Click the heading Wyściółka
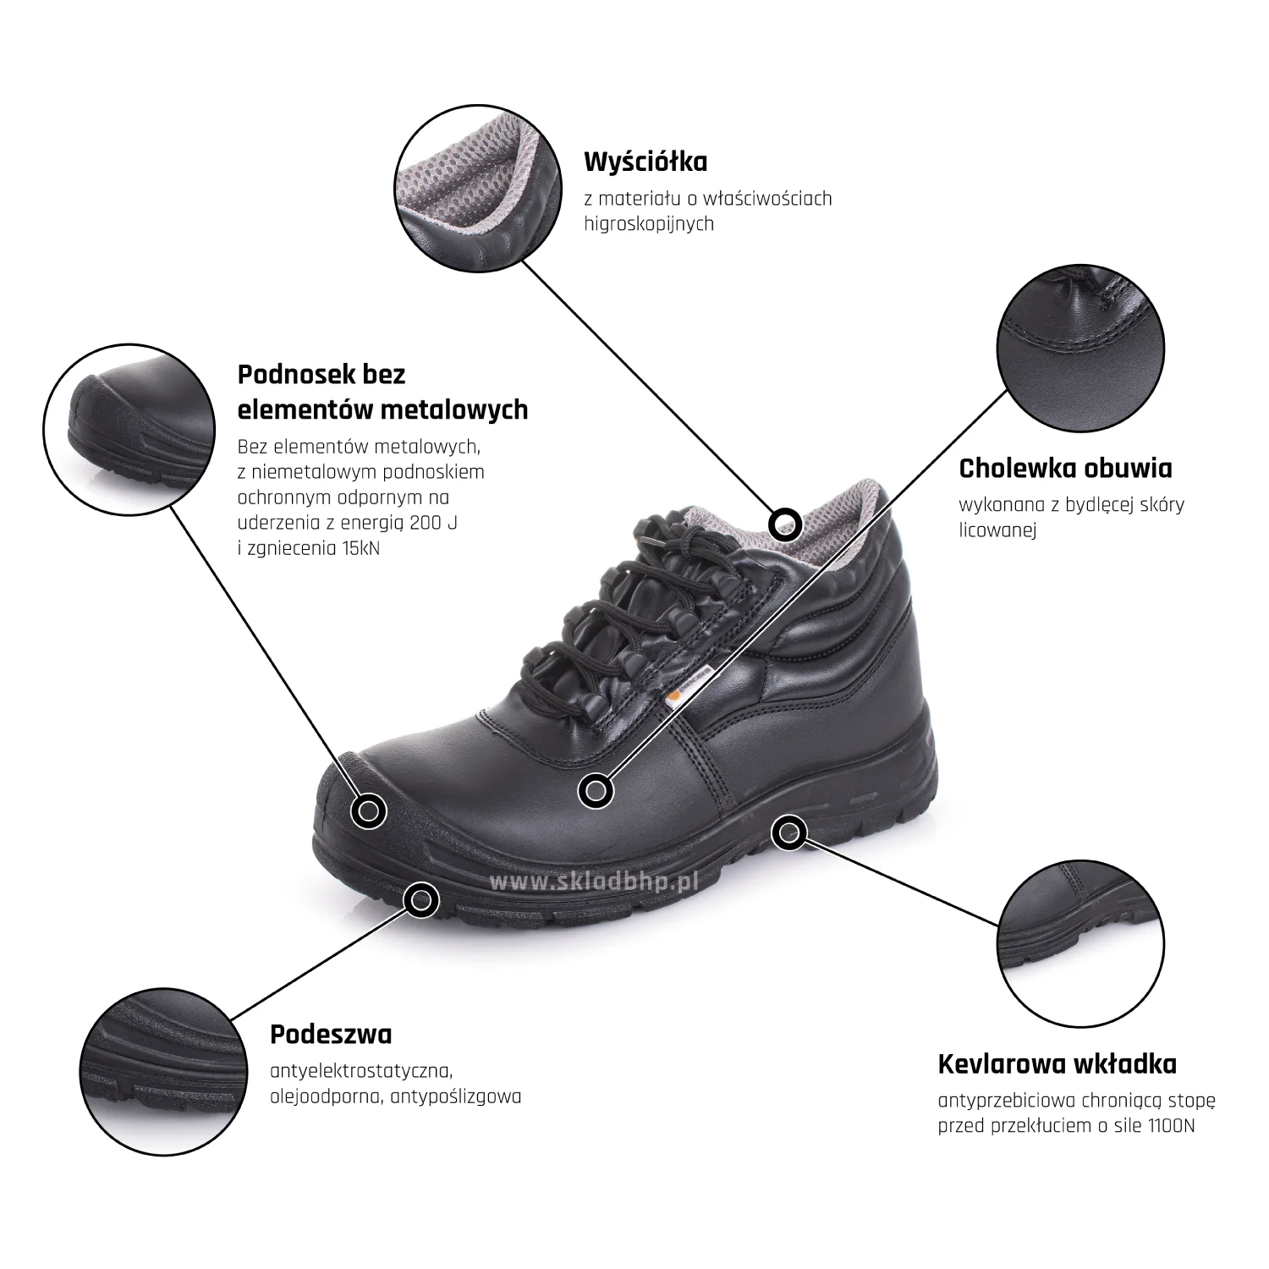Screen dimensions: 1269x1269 coord(645,161)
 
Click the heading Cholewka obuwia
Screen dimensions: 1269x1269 coord(1066,468)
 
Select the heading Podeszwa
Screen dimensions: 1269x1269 coord(331,1035)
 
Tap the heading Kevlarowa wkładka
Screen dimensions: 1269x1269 coord(1057,1063)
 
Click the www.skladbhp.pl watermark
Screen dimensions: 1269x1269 coord(592,882)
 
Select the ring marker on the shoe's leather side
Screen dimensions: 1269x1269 coord(596,791)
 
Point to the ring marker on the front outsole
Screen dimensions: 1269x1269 coord(420,900)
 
